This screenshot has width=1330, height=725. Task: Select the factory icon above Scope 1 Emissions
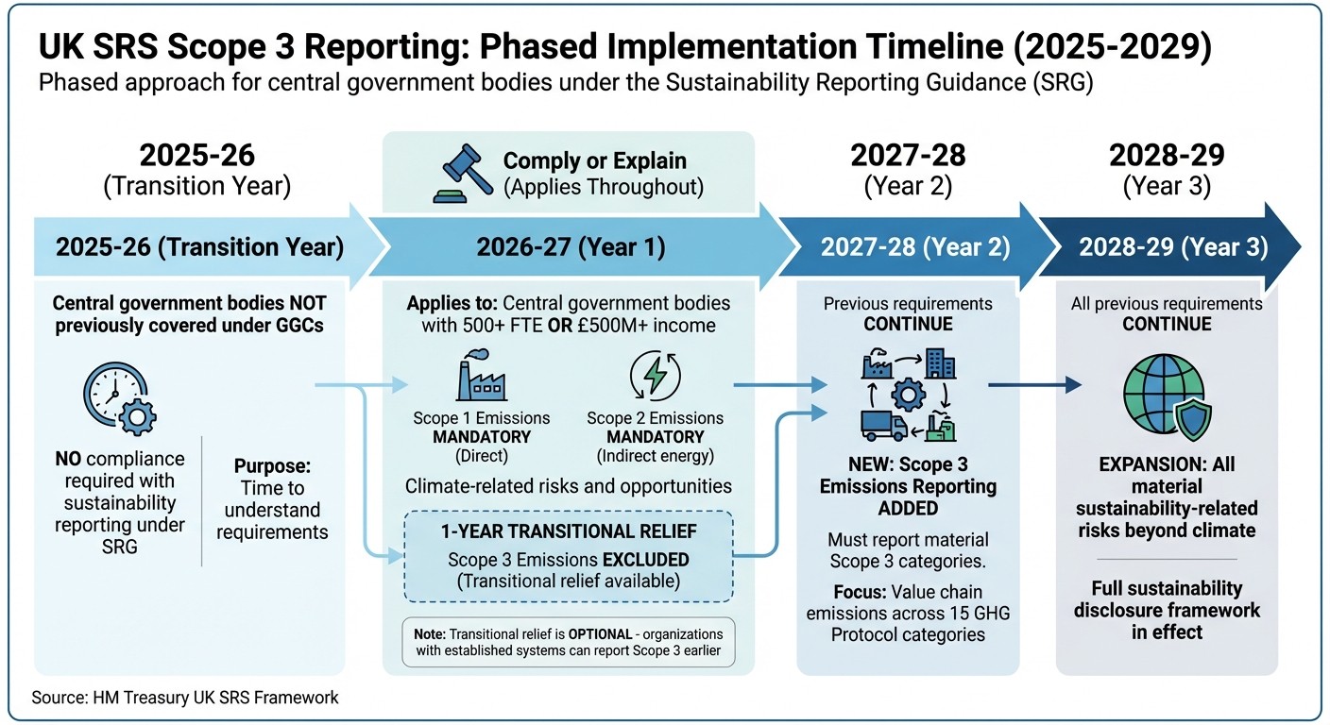tap(480, 378)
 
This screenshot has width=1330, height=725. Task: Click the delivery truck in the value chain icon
tap(882, 425)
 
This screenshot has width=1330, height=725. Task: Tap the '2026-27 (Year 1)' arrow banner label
tap(571, 247)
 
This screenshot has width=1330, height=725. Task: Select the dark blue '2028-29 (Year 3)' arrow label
tap(1173, 247)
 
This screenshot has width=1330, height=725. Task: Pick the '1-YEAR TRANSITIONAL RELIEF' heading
tap(569, 532)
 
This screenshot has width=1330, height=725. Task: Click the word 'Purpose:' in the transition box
tap(272, 466)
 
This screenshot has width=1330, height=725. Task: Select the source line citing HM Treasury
tap(185, 698)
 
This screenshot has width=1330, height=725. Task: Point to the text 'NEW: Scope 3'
tap(908, 464)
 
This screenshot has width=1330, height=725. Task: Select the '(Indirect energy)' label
tap(655, 457)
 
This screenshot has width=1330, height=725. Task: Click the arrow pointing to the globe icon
tap(1034, 384)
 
